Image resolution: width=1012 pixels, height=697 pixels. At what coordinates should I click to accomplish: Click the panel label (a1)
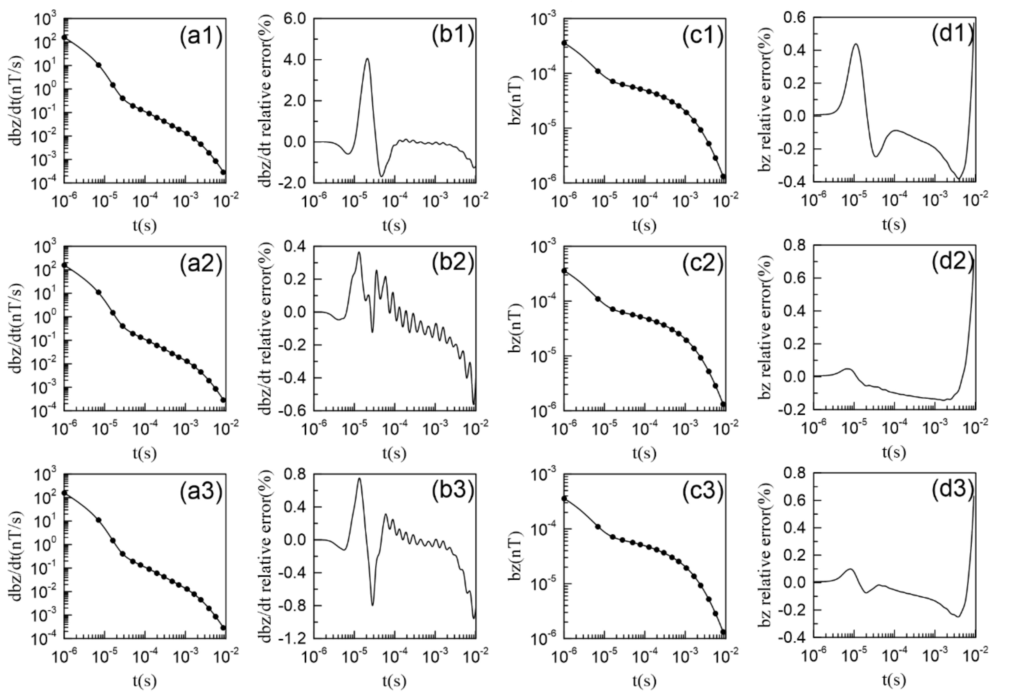tap(201, 36)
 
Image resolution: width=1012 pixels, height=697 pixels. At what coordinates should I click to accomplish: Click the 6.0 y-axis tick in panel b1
tap(295, 19)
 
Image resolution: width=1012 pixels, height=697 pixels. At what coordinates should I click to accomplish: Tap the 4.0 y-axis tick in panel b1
tap(295, 60)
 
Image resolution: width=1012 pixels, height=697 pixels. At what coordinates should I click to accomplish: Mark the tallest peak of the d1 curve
tap(856, 44)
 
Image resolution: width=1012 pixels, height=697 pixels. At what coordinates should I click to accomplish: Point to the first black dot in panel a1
tap(65, 38)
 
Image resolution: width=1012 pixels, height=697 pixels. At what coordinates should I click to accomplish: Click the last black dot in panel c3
tap(723, 632)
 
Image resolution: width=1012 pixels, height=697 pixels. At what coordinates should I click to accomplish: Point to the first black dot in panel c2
tap(564, 271)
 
